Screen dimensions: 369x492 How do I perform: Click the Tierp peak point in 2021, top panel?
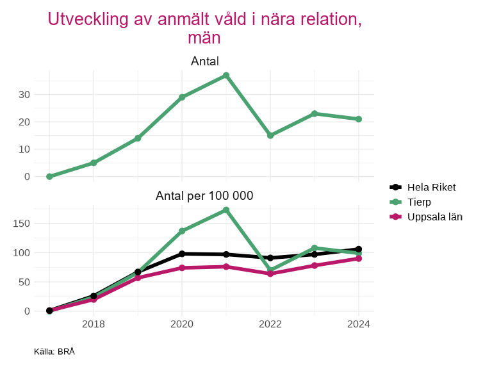click(x=226, y=76)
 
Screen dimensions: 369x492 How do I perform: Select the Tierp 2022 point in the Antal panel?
click(x=270, y=136)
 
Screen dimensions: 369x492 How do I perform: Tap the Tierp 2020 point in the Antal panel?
click(x=182, y=97)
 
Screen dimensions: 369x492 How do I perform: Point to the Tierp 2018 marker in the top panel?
click(x=94, y=163)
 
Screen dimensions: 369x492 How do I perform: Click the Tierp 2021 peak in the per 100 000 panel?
click(x=226, y=210)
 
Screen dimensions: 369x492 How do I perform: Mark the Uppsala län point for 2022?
click(x=270, y=274)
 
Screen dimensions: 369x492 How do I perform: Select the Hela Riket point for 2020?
click(x=182, y=254)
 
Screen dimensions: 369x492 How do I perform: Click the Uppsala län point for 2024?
click(x=359, y=258)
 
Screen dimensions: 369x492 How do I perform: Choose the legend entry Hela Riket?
click(x=431, y=187)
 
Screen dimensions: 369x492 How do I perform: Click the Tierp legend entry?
click(x=420, y=202)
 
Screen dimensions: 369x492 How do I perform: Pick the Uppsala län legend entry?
click(x=434, y=217)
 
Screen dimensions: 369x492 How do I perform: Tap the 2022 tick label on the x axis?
click(x=270, y=324)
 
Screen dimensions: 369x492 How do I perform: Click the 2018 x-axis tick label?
click(x=94, y=324)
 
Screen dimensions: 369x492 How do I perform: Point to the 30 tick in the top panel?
click(x=24, y=94)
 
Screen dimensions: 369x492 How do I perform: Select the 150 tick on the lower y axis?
click(x=22, y=224)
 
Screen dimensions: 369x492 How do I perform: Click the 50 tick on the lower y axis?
click(x=24, y=282)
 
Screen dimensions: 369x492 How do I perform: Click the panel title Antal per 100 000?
click(x=204, y=195)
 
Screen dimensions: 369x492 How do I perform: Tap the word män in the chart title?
click(x=204, y=38)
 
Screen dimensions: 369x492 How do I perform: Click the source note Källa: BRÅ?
click(x=54, y=351)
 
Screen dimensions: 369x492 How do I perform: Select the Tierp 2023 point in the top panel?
click(x=315, y=113)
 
